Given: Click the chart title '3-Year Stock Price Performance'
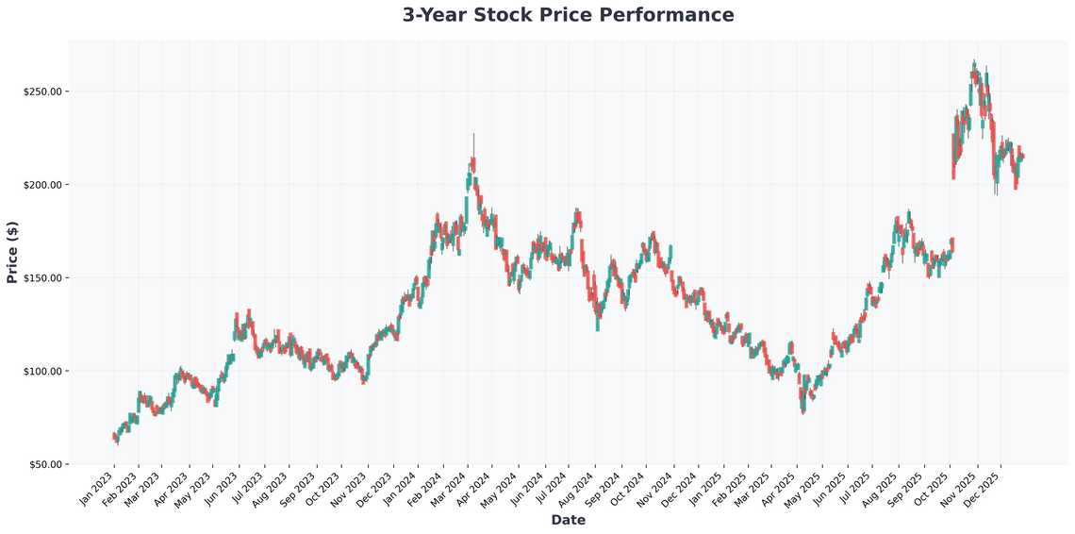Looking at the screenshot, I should [568, 15].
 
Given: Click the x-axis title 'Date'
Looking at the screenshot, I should [568, 520].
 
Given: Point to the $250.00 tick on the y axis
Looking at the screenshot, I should [42, 92].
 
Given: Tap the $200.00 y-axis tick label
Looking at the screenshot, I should [42, 185].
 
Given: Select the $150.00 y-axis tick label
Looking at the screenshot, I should [42, 278].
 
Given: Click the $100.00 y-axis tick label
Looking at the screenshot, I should [42, 371].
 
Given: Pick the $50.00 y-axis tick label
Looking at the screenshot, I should [44, 464].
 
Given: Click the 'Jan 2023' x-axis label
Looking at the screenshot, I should [97, 488].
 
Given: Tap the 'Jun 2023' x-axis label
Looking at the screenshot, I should [222, 488].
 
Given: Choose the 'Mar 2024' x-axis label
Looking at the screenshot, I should [450, 488].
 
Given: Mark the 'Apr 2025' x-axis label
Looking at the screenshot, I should [779, 488].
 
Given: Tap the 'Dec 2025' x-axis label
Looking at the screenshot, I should [983, 488].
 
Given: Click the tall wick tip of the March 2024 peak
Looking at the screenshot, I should [474, 135].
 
